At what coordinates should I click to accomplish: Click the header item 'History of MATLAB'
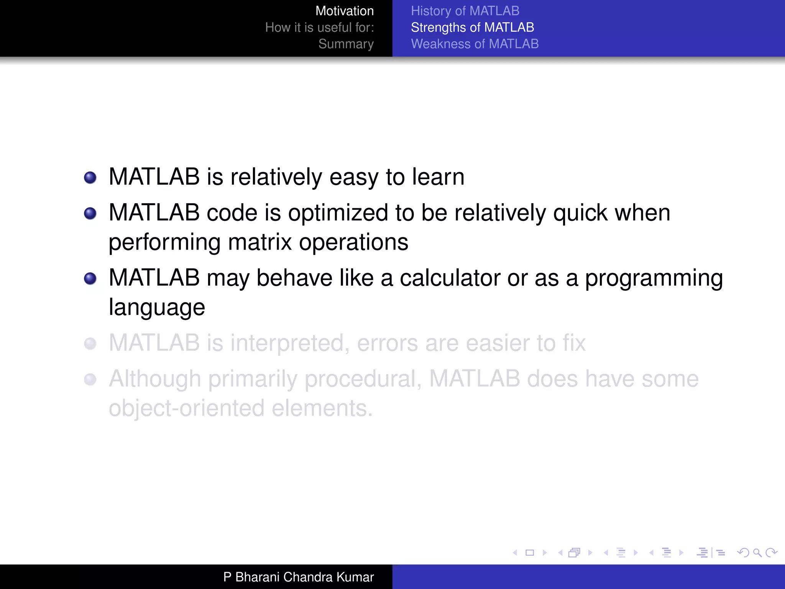coord(465,11)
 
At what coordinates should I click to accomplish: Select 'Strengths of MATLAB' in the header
coord(472,27)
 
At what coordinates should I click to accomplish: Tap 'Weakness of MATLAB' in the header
coord(475,44)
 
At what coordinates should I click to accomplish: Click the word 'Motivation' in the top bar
coord(344,11)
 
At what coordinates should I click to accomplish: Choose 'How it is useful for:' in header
coord(319,27)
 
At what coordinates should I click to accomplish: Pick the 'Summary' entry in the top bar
coord(346,44)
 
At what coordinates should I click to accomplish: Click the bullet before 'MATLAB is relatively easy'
coord(90,178)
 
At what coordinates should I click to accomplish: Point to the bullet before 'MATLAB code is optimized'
coord(90,213)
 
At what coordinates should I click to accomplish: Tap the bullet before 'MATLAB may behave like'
coord(90,278)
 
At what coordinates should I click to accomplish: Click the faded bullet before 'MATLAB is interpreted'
coord(90,344)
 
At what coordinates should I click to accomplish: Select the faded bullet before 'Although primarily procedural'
coord(90,379)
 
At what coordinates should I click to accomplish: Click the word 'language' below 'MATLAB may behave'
coord(157,308)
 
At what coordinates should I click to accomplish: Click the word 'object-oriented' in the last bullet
coord(186,408)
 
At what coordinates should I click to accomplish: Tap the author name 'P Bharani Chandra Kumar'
coord(298,577)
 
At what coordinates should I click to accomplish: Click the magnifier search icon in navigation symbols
coord(757,553)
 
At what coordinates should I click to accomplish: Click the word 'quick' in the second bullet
coord(580,213)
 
